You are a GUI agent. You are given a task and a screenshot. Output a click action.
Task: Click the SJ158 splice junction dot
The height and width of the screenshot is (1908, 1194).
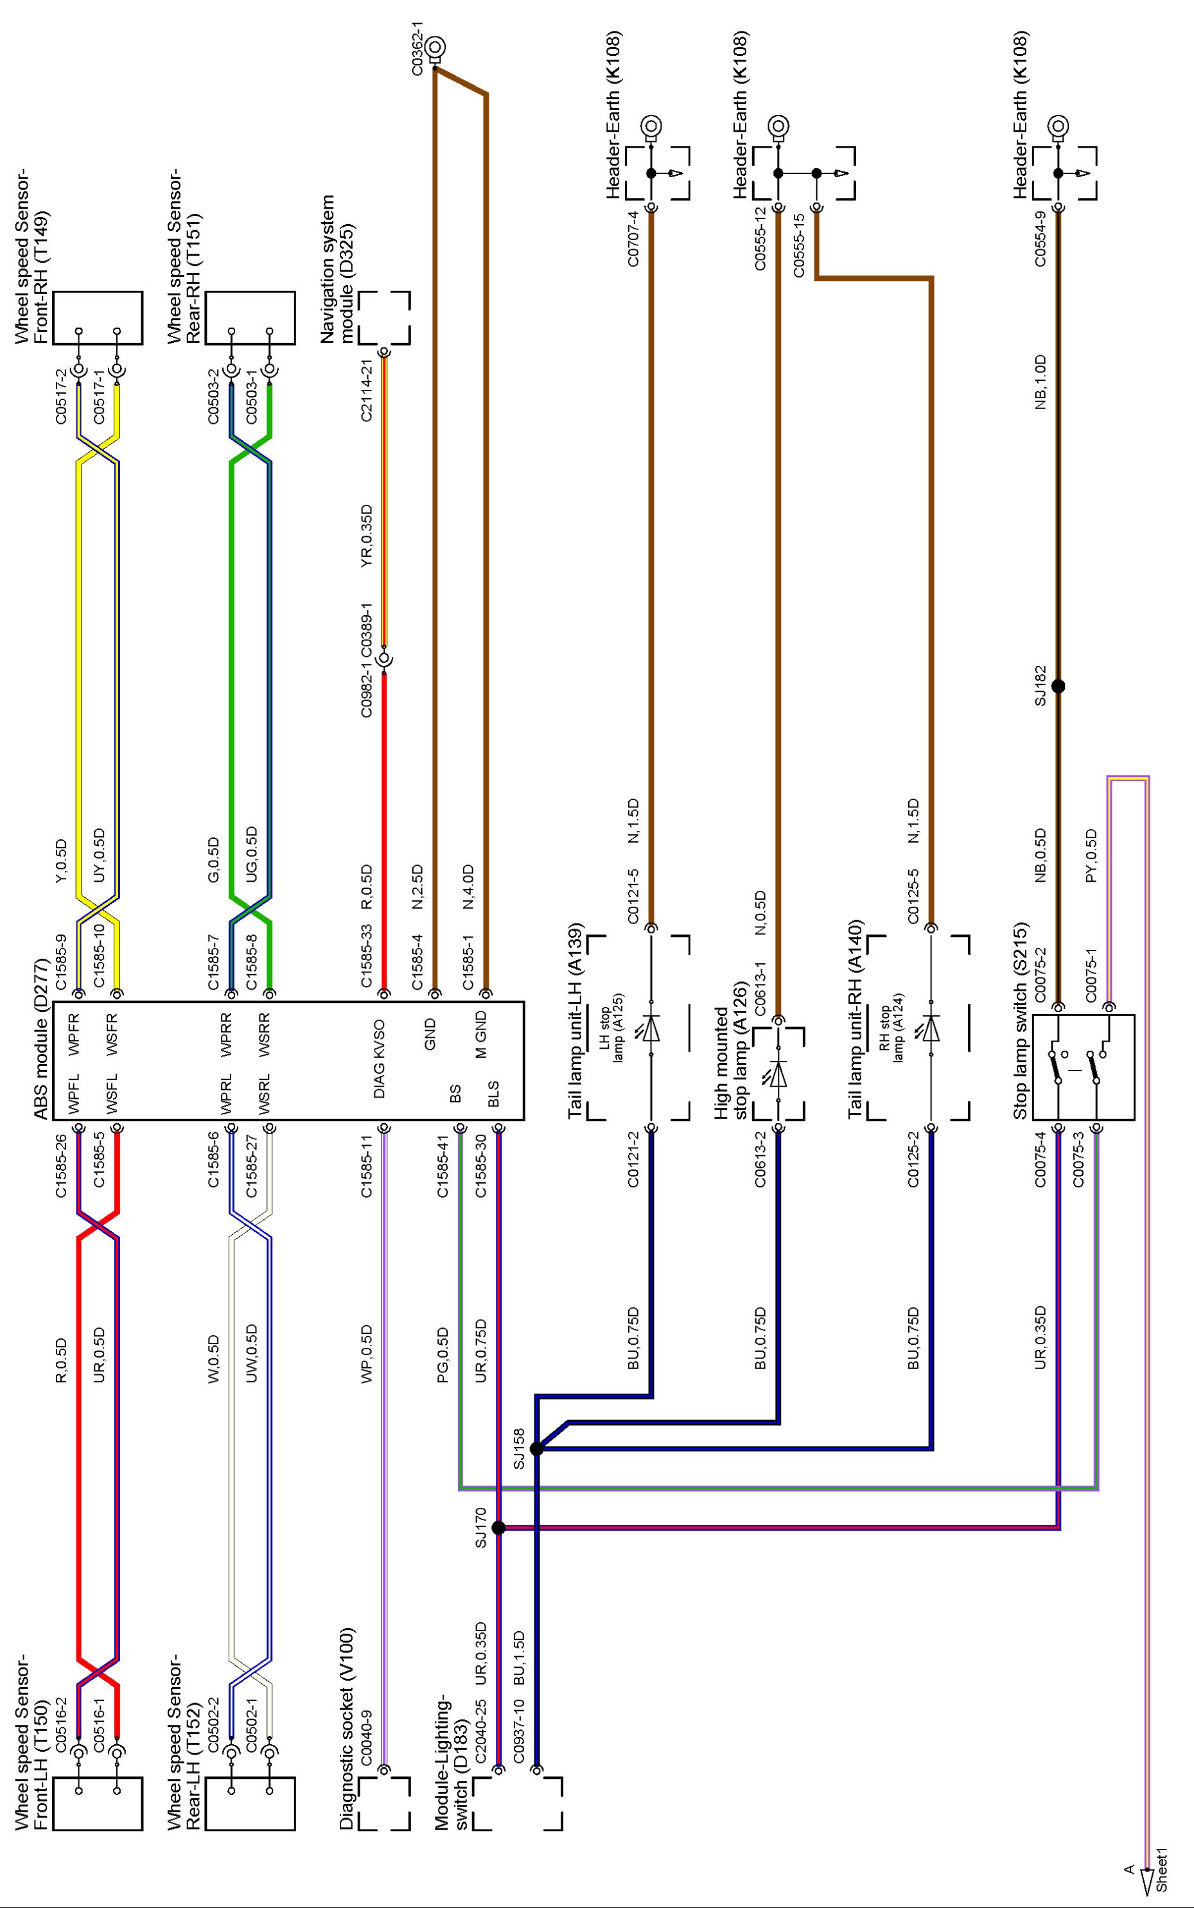536,1449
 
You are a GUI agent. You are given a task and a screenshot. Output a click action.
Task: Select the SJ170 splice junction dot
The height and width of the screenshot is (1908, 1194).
498,1528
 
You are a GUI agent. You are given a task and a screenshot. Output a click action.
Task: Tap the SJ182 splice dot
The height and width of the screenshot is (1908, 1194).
1058,686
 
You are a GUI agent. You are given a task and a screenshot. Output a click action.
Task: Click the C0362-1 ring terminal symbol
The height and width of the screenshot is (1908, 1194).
434,49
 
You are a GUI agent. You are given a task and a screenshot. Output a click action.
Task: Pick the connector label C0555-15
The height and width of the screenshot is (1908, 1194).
798,245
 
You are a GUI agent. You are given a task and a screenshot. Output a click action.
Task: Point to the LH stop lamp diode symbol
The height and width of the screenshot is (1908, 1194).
651,1029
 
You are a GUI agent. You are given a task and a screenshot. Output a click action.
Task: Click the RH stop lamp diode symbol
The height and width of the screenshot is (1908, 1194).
932,1029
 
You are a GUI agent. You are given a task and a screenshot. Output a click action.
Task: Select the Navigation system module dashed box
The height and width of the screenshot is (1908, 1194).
385,318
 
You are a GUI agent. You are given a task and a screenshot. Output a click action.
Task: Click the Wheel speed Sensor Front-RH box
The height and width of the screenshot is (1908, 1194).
97,318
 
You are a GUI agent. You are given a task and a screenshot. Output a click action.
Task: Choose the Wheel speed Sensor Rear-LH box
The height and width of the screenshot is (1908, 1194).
250,1803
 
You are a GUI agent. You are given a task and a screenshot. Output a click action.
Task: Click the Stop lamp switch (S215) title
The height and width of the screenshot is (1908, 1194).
1021,1020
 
